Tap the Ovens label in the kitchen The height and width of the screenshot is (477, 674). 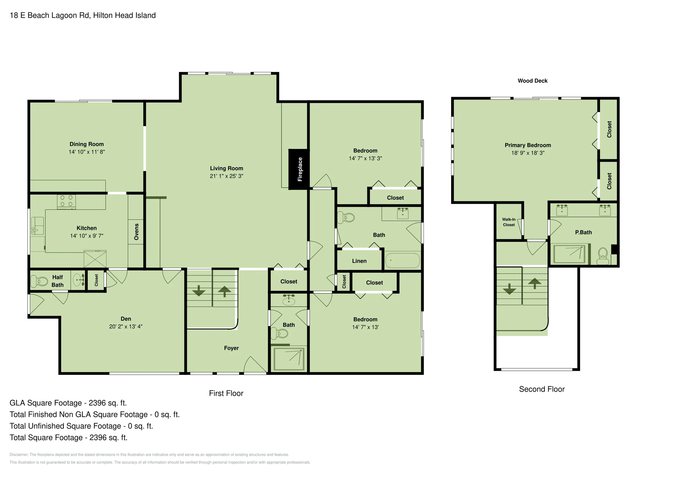coord(136,232)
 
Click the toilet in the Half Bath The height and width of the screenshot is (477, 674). coord(40,281)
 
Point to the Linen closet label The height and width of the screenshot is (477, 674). coord(359,261)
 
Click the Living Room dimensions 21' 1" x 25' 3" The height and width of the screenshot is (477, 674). coord(227,176)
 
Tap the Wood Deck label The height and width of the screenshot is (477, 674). coord(533,81)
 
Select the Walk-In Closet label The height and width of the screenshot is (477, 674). coord(509,222)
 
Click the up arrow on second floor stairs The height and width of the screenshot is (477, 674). coord(535,283)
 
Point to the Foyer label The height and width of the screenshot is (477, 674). coord(231,348)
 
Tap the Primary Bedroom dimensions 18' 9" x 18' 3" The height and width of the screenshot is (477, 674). coord(528,153)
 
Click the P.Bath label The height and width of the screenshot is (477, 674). coord(583,233)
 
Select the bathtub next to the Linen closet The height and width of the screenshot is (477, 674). coord(402,260)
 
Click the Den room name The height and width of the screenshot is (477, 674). coord(126,319)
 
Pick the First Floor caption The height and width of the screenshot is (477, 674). coord(226,393)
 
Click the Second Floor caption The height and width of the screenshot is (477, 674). coord(542,389)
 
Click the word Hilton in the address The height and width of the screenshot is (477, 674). coord(103,15)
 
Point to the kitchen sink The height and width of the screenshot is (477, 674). coord(38,226)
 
